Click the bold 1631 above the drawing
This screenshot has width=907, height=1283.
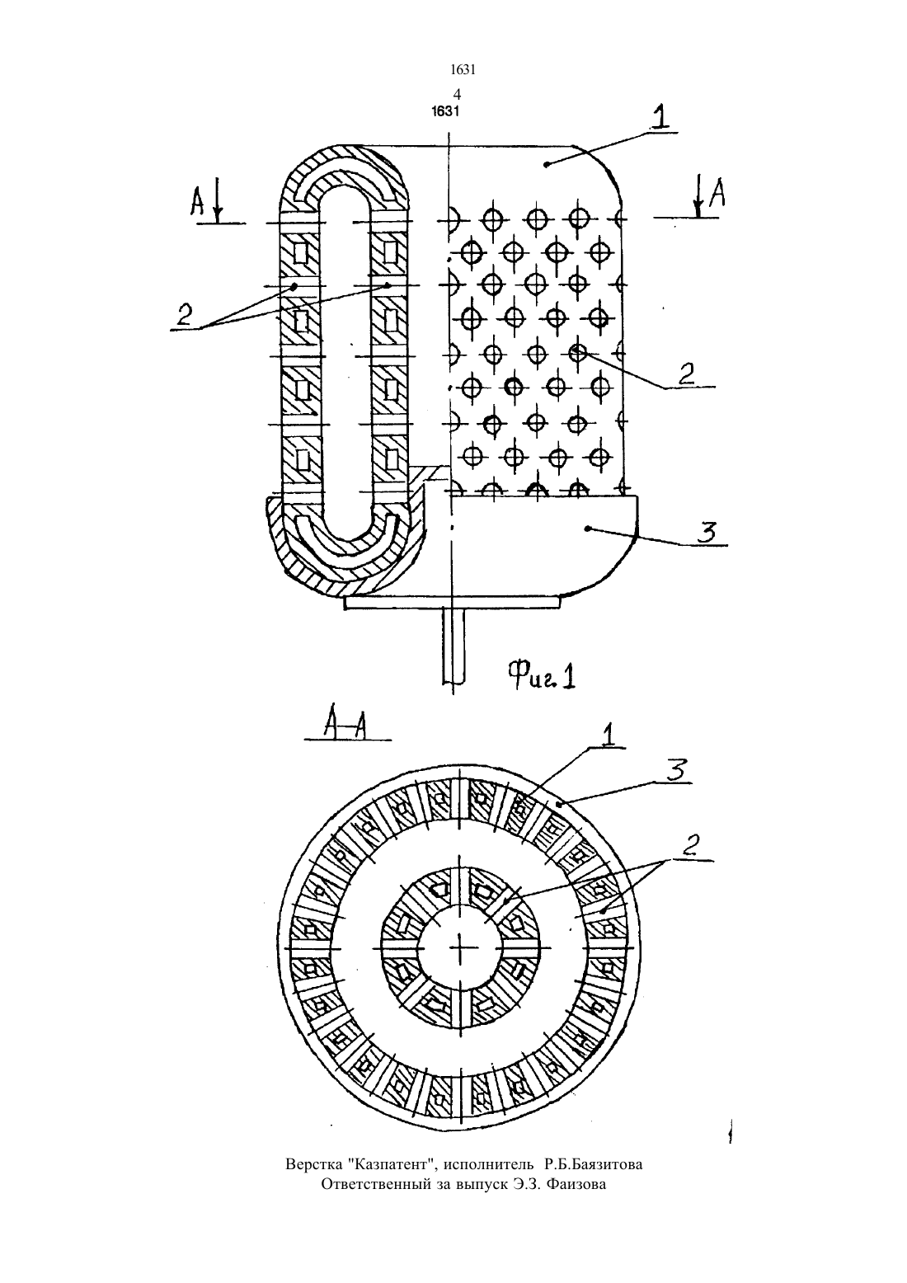click(x=445, y=111)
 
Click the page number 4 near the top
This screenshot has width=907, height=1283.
click(x=457, y=94)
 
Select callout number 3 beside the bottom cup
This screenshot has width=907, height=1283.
click(x=707, y=533)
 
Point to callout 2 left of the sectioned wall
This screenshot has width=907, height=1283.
click(x=185, y=314)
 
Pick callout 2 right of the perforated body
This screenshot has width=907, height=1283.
click(x=687, y=374)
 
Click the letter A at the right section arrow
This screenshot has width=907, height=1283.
click(x=717, y=192)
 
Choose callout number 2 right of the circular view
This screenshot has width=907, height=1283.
click(x=692, y=844)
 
